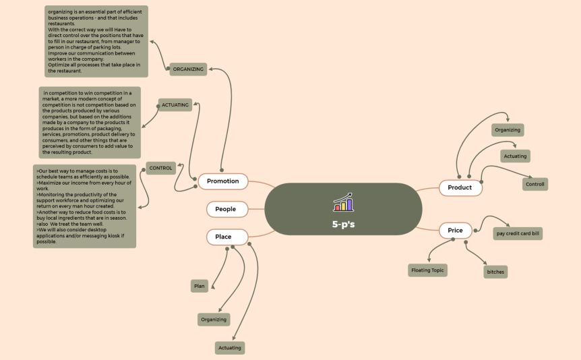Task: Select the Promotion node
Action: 223,181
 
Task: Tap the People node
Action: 226,209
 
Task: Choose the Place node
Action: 223,237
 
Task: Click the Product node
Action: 460,187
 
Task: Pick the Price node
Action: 456,231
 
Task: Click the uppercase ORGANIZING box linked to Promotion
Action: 188,69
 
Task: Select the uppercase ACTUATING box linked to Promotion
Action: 175,104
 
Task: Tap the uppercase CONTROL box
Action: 161,168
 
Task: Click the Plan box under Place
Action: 200,286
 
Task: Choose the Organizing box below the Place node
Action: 214,320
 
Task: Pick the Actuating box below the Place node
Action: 229,348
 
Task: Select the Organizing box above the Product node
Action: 508,129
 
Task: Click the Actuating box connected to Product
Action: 515,156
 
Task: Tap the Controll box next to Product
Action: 535,184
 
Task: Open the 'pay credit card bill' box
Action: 518,234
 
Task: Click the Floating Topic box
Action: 428,270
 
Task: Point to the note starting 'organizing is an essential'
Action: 96,41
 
